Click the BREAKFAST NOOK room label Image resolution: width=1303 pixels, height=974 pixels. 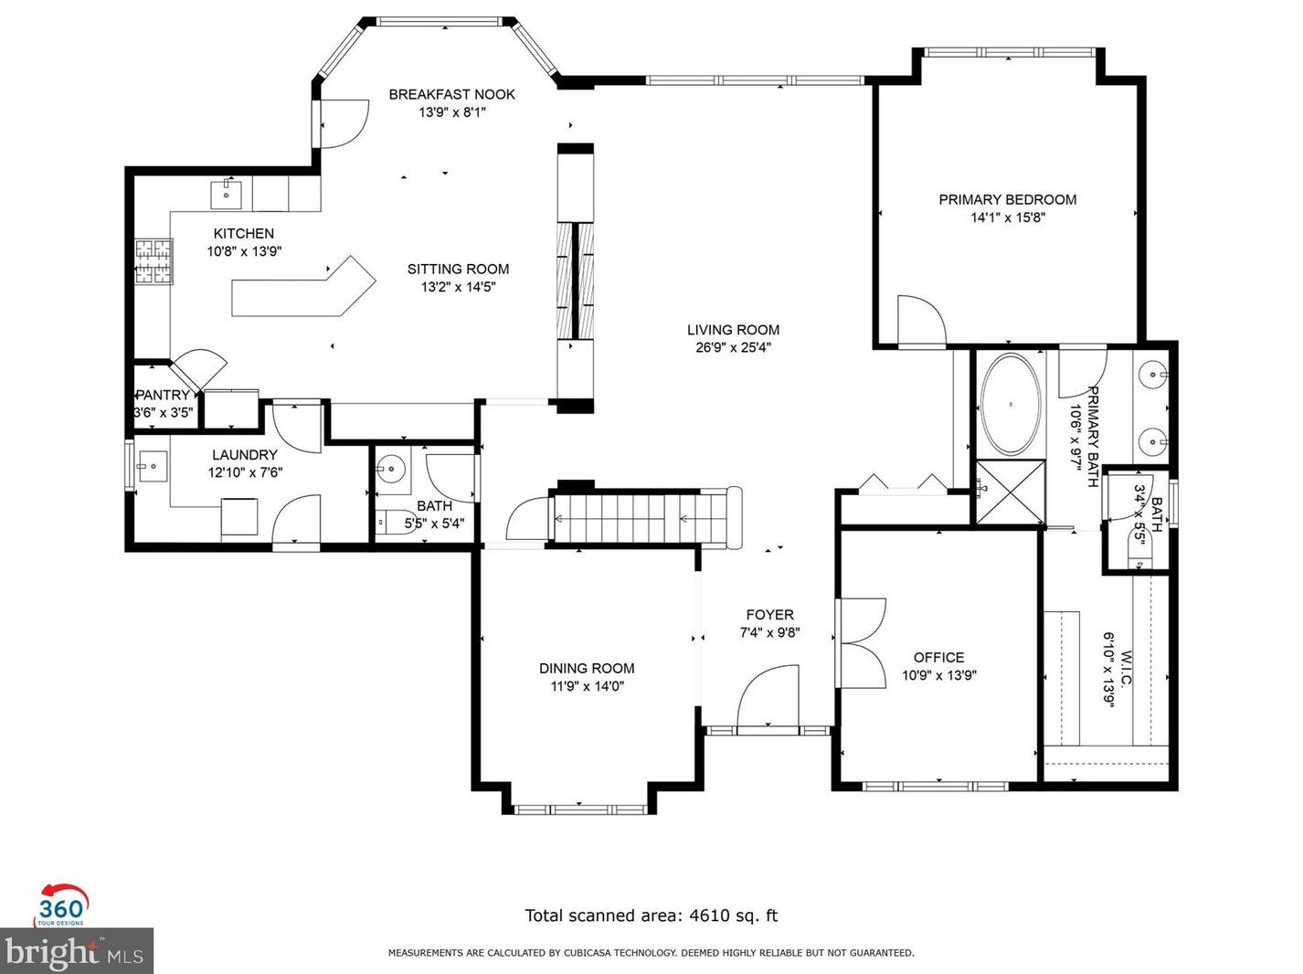coord(451,94)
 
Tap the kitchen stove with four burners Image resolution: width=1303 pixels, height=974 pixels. coord(154,261)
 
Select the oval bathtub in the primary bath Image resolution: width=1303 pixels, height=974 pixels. coord(1010,404)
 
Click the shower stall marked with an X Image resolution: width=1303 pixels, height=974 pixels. coord(1010,492)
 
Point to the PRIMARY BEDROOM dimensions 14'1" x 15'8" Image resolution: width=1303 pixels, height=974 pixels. coord(1007,217)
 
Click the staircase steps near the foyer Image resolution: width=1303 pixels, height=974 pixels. coord(630,519)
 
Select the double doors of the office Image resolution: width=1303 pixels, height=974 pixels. coord(862,642)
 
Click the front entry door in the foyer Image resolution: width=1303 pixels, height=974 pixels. coord(768,699)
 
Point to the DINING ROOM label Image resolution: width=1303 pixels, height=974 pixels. coord(586,668)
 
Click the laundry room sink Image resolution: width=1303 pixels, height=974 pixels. coord(153,466)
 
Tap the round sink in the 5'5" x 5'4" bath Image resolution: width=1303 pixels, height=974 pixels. coord(392,470)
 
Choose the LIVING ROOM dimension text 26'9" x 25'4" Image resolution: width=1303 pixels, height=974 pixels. coord(733,347)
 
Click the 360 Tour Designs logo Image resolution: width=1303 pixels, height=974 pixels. coord(61,905)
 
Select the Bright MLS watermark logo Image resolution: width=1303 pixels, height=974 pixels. coord(76,952)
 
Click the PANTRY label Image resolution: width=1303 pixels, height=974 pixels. coord(164,395)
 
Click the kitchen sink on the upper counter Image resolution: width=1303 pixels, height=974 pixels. coord(226,194)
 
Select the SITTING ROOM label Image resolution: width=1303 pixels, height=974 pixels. coord(458,269)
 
